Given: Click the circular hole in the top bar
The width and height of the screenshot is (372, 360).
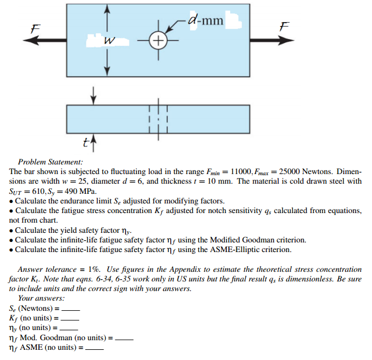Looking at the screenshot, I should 159,41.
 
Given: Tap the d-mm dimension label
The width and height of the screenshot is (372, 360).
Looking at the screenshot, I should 205,21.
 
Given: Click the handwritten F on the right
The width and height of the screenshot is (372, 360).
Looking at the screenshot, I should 285,26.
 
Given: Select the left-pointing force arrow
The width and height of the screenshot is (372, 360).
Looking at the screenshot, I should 48,40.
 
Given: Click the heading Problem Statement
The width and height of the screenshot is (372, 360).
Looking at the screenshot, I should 50,162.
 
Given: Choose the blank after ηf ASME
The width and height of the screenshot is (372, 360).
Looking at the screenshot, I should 94,348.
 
